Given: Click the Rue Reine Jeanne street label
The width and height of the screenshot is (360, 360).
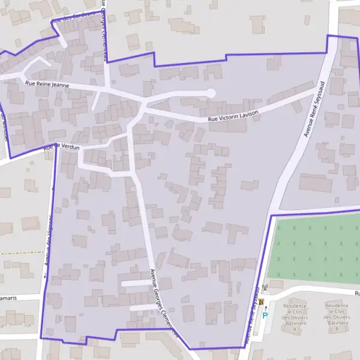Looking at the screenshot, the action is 47,85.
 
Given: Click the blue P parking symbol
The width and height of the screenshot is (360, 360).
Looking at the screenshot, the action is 265,315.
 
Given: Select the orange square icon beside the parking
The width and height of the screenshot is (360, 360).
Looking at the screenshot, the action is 262,302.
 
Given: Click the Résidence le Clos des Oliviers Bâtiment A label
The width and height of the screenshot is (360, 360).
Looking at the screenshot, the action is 295,317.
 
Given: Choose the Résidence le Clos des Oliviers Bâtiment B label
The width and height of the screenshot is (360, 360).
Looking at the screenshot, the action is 337,317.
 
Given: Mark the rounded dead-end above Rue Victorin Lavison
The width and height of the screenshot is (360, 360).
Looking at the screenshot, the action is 210,92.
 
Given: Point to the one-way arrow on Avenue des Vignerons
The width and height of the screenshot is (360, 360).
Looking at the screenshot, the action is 45,277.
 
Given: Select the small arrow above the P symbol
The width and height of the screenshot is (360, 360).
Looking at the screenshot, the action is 265,307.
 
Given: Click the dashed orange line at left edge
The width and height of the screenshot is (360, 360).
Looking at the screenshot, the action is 18,253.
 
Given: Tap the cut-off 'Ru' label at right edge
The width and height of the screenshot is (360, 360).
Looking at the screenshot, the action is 356,293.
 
